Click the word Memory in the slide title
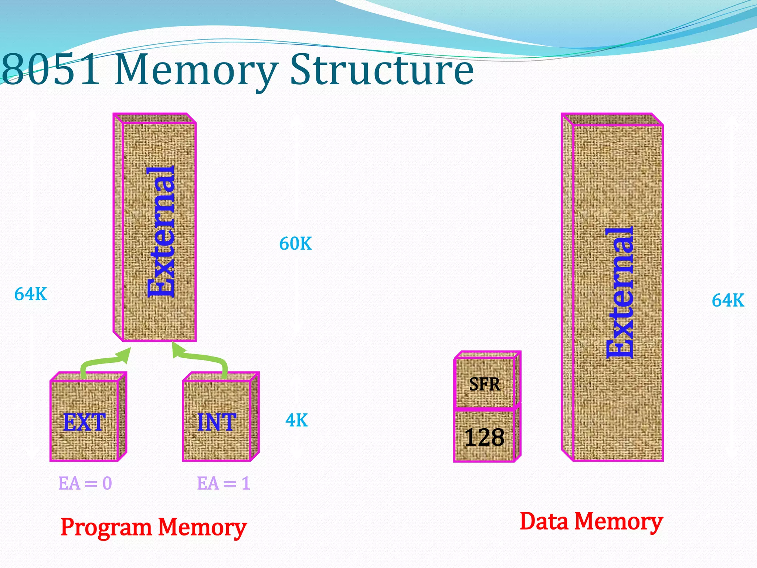point(196,70)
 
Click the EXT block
point(85,421)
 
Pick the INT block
point(217,421)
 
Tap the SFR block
point(485,384)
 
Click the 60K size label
point(295,244)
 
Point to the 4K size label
point(296,420)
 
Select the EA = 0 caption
point(85,483)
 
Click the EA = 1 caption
point(224,483)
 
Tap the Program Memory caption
point(154,527)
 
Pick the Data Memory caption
point(591,522)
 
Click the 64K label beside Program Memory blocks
point(31,294)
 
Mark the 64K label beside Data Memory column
point(728,300)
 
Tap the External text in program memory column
point(161,231)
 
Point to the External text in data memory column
point(620,292)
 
